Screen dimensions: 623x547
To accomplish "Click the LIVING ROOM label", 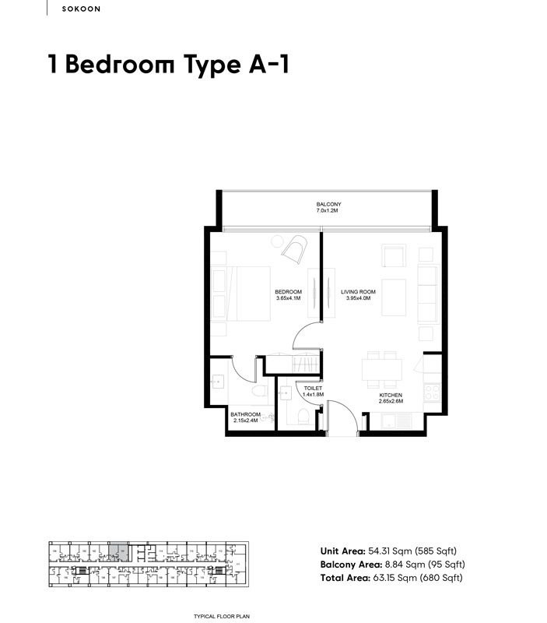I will (358, 292).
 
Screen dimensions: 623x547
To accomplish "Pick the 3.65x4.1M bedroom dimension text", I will (289, 298).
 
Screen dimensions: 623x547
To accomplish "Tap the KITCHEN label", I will (391, 396).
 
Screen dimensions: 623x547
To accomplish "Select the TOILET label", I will (313, 388).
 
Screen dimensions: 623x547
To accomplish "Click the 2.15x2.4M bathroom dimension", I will (245, 421).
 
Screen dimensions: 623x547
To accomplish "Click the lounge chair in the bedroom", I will (295, 249).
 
